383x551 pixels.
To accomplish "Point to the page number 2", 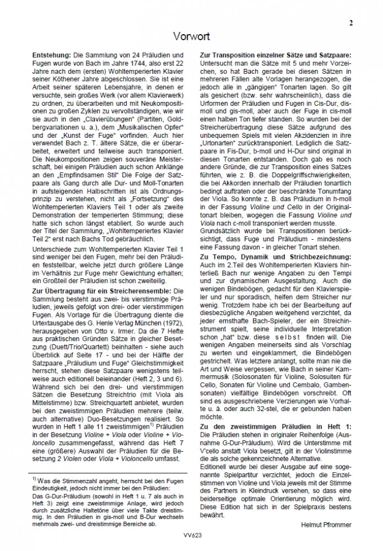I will point(350,23).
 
